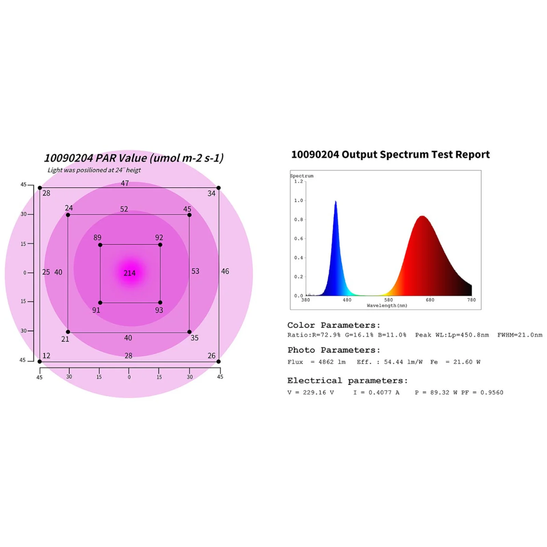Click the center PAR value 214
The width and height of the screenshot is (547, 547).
130,273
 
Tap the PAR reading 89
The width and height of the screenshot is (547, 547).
97,238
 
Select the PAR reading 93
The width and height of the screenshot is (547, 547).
159,310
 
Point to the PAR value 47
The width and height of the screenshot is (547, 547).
125,184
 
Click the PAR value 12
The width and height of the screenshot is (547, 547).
46,356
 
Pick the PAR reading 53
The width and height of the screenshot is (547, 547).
195,271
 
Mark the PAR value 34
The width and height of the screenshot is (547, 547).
212,194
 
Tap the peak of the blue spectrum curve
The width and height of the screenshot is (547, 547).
336,202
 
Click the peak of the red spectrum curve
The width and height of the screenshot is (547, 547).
423,216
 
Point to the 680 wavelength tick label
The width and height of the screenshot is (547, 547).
430,300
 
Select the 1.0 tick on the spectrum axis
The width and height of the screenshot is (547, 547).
298,201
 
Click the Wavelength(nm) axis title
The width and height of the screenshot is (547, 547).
387,306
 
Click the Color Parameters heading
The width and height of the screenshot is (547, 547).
334,325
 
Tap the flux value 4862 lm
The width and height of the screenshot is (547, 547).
332,362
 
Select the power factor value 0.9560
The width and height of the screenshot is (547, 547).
492,393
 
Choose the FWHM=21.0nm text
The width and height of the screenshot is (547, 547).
520,335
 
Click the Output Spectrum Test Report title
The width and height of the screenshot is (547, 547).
390,155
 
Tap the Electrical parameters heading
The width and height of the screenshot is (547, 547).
347,381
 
